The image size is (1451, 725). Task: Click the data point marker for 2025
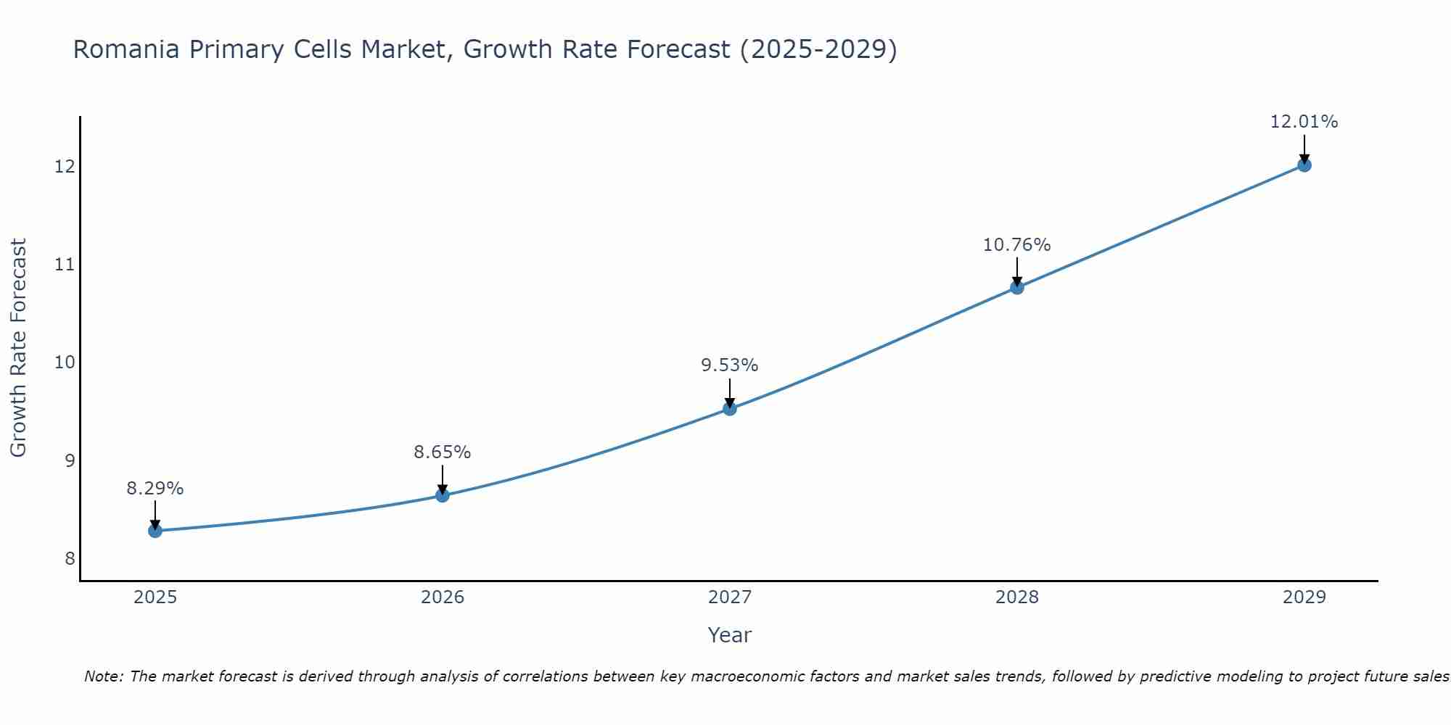(155, 531)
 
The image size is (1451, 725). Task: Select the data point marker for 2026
(443, 495)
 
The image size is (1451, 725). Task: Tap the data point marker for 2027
(730, 409)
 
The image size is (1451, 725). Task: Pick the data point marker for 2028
(1017, 287)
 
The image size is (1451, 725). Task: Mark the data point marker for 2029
(1304, 165)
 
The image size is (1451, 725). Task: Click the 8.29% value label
(155, 489)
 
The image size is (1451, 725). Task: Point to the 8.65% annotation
(443, 452)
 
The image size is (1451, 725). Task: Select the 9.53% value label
(730, 365)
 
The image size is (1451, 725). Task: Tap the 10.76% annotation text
(1017, 245)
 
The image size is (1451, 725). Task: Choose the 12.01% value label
(1304, 122)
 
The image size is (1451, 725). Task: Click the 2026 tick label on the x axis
(443, 597)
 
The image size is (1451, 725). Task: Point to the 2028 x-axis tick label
(1017, 597)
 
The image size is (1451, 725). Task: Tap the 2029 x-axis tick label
(1304, 597)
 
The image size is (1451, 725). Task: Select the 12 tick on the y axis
(65, 167)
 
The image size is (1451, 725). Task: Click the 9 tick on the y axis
(70, 460)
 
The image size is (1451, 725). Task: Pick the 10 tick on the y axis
(65, 362)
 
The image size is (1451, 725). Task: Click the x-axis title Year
(730, 635)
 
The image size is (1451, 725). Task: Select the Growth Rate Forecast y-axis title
(19, 348)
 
